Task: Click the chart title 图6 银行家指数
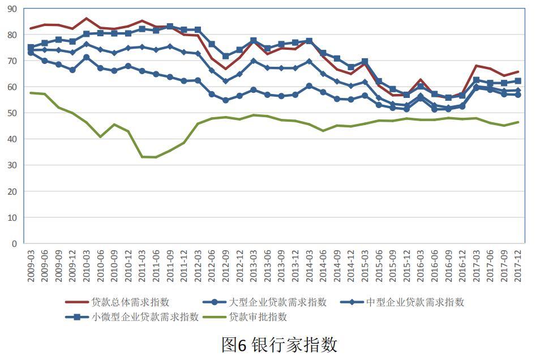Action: (x=279, y=344)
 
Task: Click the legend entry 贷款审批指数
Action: (x=258, y=317)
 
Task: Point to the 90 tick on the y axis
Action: (x=12, y=8)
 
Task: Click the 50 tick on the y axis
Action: (x=12, y=113)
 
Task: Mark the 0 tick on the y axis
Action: (x=15, y=244)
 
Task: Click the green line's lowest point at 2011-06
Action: (x=156, y=157)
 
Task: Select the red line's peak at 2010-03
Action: (x=87, y=19)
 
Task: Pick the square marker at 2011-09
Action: (x=170, y=27)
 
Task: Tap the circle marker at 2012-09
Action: (x=225, y=100)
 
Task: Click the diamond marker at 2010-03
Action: (x=87, y=44)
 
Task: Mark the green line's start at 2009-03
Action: (x=31, y=93)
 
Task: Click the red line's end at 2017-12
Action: (x=518, y=72)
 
